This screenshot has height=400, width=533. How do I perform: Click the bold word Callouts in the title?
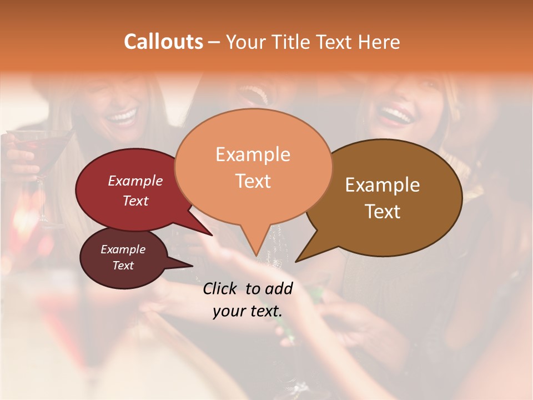[163, 42]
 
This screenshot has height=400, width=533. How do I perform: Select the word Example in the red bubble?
[135, 181]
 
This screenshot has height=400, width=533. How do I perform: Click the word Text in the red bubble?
[135, 201]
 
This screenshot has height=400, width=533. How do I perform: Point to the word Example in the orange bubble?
[253, 154]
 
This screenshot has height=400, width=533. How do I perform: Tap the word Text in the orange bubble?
[253, 181]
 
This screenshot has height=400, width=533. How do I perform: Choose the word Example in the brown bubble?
[383, 185]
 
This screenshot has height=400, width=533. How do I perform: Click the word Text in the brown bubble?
[383, 212]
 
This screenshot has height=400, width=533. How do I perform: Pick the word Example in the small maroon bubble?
[123, 249]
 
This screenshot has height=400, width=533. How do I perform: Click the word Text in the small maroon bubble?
[123, 266]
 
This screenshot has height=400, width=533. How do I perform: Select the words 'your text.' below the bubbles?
[247, 311]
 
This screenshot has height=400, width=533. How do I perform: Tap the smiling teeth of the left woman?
[122, 117]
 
